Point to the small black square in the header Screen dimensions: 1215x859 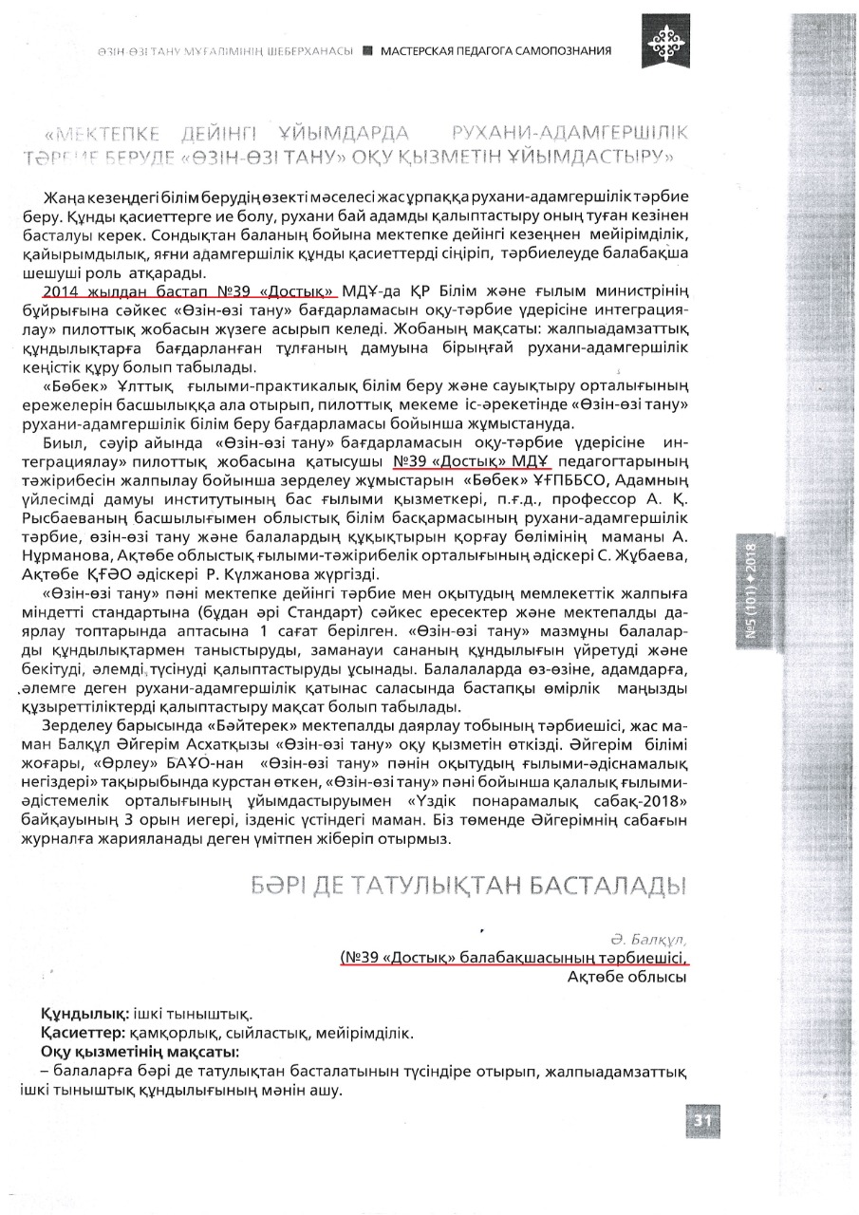(367, 50)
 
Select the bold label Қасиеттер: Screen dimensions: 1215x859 (84, 1034)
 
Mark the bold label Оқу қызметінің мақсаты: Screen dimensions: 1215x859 (139, 1053)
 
